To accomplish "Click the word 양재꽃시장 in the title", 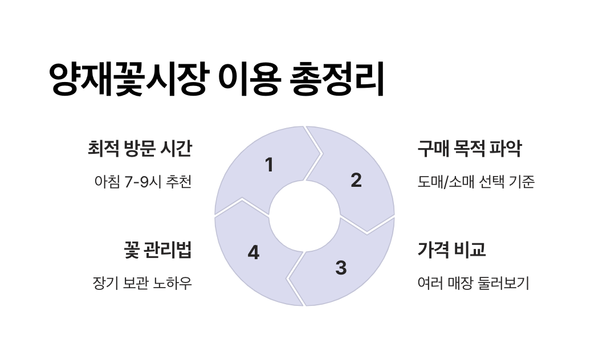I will tap(128, 79).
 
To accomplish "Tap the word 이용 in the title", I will tap(249, 79).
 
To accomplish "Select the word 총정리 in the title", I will tap(337, 79).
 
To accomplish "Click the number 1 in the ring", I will tap(269, 165).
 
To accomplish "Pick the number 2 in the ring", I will tap(356, 181).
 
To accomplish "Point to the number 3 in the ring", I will tap(341, 268).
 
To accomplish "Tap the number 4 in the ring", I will tap(254, 253).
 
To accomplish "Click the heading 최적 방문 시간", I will tap(140, 149).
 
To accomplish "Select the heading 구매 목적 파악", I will tap(470, 149).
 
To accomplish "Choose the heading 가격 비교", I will tap(451, 250).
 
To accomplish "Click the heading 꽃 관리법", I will tap(157, 250).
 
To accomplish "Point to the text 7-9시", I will tap(138, 182).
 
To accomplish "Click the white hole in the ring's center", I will tap(304, 216).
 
